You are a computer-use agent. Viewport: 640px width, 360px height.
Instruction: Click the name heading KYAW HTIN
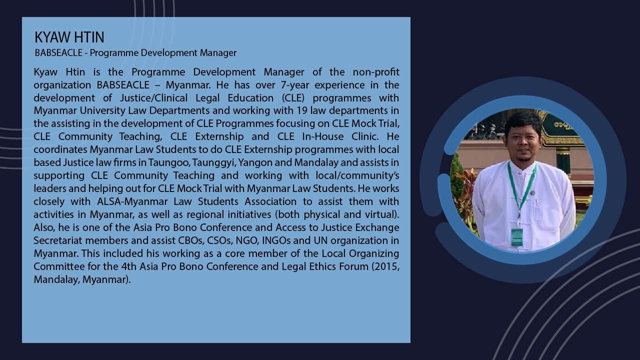click(x=69, y=37)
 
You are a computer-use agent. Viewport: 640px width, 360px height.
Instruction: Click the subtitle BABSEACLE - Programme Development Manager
click(x=135, y=53)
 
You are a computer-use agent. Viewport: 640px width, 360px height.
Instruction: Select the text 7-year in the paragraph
click(x=295, y=85)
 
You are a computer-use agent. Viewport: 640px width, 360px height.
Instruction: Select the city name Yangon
click(x=255, y=162)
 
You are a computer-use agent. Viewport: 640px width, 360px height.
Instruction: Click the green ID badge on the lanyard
click(x=516, y=237)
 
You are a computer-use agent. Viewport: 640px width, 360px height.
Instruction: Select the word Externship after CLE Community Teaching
click(x=219, y=136)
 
